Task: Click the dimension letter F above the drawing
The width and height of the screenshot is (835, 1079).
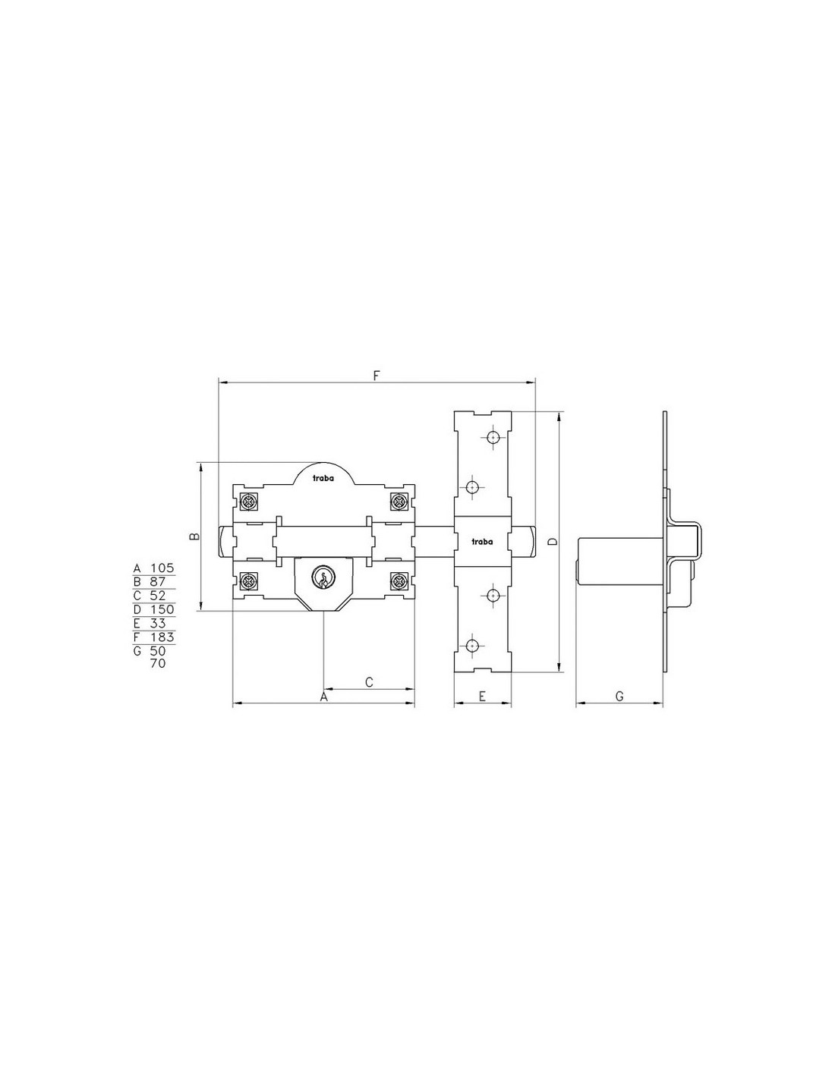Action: (x=376, y=376)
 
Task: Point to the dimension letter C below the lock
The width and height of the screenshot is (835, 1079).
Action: (x=369, y=682)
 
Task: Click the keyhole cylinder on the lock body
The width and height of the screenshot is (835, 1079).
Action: (x=321, y=578)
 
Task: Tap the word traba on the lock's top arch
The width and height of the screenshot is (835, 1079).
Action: (x=323, y=479)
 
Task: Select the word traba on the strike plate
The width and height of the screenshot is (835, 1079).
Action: (x=482, y=542)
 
